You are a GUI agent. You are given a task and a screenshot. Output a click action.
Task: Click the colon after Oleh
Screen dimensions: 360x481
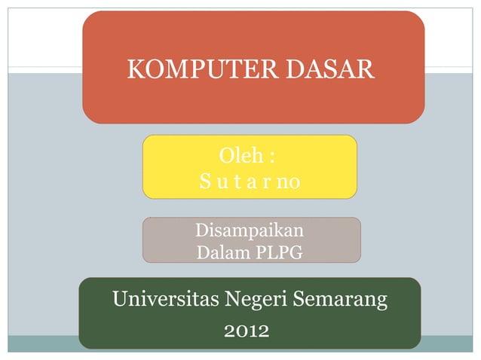[x=271, y=158]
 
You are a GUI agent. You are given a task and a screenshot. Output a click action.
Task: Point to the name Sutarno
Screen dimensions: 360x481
[x=250, y=182]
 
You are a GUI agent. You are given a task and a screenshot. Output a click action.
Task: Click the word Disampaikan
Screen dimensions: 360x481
[x=250, y=230]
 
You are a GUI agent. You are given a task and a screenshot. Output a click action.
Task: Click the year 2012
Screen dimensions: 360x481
[x=247, y=330]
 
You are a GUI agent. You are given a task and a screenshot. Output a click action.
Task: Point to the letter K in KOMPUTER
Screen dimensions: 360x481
[x=136, y=70]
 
